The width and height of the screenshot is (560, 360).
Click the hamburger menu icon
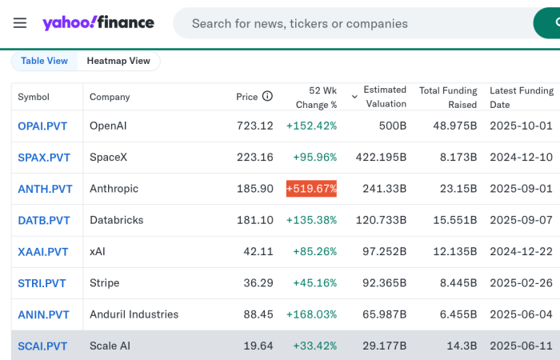pyautogui.click(x=20, y=22)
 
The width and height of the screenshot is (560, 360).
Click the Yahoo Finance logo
pyautogui.click(x=98, y=22)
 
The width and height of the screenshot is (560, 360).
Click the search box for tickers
pyautogui.click(x=352, y=24)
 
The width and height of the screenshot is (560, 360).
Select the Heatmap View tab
pyautogui.click(x=118, y=61)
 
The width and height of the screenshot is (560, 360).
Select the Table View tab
pyautogui.click(x=44, y=61)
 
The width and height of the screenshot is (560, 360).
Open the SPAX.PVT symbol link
pyautogui.click(x=44, y=158)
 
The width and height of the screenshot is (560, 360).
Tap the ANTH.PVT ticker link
pyautogui.click(x=45, y=189)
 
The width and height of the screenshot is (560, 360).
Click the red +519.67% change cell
pyautogui.click(x=311, y=189)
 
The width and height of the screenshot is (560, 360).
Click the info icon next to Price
pyautogui.click(x=267, y=96)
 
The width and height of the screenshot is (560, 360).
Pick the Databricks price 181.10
pyautogui.click(x=255, y=220)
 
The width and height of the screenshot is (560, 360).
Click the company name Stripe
pyautogui.click(x=105, y=283)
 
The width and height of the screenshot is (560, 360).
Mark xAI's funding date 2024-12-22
pyautogui.click(x=521, y=252)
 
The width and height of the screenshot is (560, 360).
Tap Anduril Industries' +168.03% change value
pyautogui.click(x=311, y=314)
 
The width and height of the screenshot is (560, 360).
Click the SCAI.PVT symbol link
pyautogui.click(x=42, y=346)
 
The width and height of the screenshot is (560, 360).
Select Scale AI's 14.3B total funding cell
pyautogui.click(x=462, y=346)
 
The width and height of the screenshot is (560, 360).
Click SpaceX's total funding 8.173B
pyautogui.click(x=458, y=158)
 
